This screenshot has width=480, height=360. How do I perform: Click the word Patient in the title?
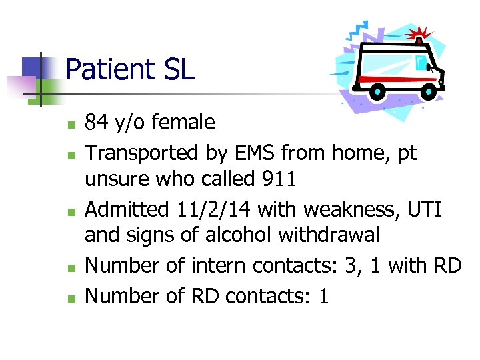pos(108,69)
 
